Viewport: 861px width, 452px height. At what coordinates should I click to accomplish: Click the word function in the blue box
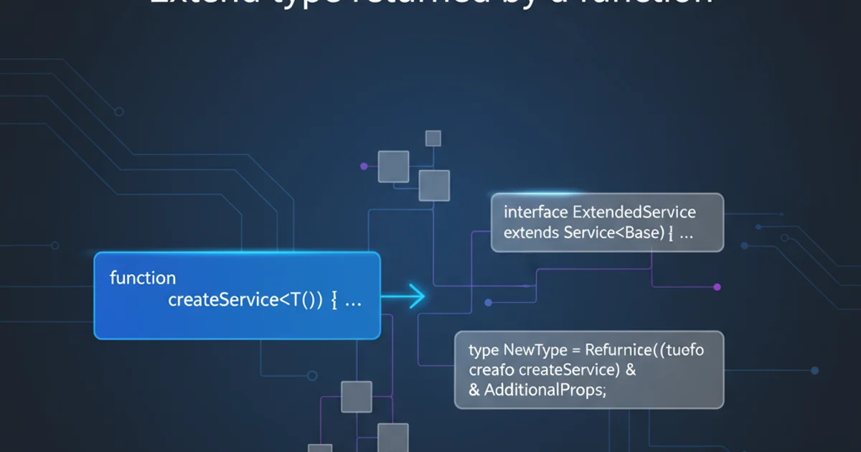pos(143,278)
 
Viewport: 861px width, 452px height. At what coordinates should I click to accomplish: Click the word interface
pos(535,212)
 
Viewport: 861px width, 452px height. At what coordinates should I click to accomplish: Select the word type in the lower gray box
pos(484,350)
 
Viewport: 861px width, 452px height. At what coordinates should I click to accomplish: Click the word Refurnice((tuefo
pos(644,350)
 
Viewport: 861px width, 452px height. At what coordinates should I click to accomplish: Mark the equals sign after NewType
pos(575,351)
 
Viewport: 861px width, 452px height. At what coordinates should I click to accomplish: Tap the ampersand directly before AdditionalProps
pos(474,391)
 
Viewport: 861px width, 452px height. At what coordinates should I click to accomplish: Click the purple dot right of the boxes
pos(717,286)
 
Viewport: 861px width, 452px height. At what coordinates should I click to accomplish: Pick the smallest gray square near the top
pos(433,138)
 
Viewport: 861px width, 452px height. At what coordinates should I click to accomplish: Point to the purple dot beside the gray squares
pos(363,166)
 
